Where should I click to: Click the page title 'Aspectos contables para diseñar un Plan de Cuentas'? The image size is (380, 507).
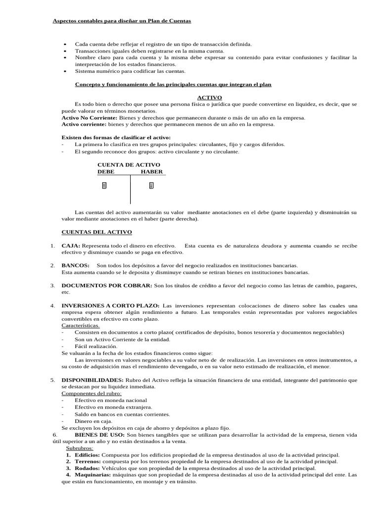pyautogui.click(x=122, y=21)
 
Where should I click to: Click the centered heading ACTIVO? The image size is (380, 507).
pyautogui.click(x=209, y=98)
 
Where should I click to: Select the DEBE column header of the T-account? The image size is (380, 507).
pyautogui.click(x=106, y=171)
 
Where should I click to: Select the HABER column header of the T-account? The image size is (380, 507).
pyautogui.click(x=152, y=171)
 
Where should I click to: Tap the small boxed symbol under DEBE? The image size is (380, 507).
pyautogui.click(x=104, y=186)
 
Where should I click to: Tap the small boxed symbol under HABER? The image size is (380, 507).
pyautogui.click(x=151, y=186)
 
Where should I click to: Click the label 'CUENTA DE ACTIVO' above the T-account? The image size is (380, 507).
pyautogui.click(x=129, y=164)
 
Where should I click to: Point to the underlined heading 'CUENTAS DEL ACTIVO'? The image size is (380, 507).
pyautogui.click(x=96, y=232)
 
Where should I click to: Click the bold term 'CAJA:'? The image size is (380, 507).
pyautogui.click(x=71, y=246)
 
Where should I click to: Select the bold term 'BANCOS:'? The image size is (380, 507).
pyautogui.click(x=75, y=266)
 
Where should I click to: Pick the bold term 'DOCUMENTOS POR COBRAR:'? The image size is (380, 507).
pyautogui.click(x=107, y=286)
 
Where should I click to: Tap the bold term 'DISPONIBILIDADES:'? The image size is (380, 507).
pyautogui.click(x=93, y=380)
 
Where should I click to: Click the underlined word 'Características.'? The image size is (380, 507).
pyautogui.click(x=80, y=326)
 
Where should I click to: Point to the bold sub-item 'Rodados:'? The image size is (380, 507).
pyautogui.click(x=88, y=468)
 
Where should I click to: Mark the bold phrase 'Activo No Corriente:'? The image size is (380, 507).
pyautogui.click(x=89, y=118)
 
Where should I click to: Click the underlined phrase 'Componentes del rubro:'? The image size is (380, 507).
pyautogui.click(x=91, y=393)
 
